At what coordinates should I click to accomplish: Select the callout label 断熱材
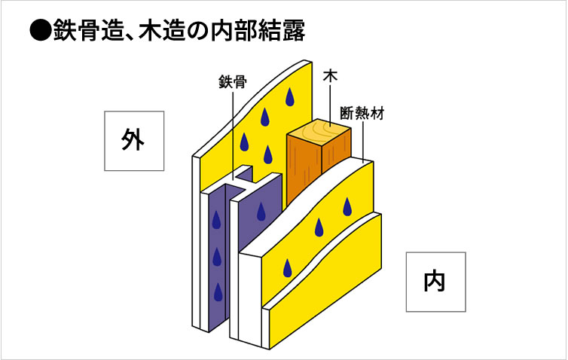click(363, 114)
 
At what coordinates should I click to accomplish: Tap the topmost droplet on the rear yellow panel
click(290, 96)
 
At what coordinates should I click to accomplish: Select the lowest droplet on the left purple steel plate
click(218, 291)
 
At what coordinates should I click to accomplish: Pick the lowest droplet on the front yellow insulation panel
click(286, 267)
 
